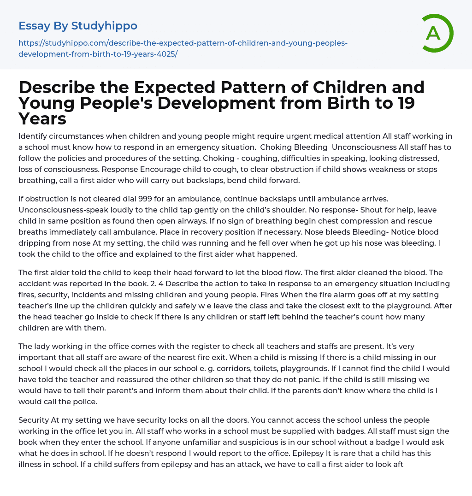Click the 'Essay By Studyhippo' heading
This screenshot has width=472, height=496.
78,26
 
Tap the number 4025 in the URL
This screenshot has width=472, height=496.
165,54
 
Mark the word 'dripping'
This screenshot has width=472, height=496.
34,243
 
